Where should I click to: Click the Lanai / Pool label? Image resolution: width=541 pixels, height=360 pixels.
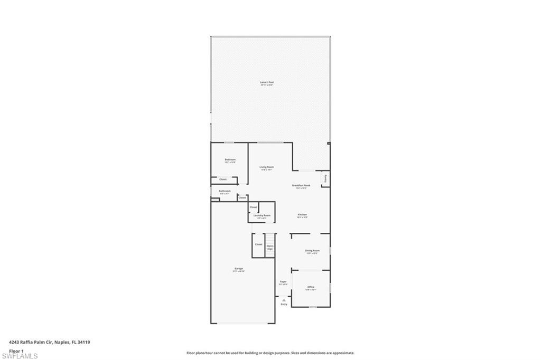tap(267, 82)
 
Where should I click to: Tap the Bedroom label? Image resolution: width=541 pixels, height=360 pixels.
tap(230, 159)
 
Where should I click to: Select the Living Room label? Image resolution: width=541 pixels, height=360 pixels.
tap(267, 167)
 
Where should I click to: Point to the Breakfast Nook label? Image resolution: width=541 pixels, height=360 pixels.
tap(301, 185)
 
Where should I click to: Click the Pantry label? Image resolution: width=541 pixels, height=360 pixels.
tap(325, 178)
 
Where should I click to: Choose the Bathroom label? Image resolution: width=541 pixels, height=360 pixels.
tap(225, 191)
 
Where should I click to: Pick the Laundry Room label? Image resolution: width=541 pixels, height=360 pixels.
tap(262, 215)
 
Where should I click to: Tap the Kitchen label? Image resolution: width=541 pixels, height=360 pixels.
tap(302, 214)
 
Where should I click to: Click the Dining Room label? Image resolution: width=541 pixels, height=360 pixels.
tap(312, 250)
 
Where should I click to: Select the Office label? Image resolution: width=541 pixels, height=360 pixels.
tap(311, 287)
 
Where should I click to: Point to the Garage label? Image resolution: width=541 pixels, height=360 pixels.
tap(239, 269)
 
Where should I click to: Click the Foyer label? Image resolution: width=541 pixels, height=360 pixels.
tap(283, 282)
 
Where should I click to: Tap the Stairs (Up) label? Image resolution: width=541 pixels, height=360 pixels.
tap(269, 247)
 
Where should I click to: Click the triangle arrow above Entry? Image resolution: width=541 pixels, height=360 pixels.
tap(284, 300)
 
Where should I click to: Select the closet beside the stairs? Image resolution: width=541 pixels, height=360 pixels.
tap(258, 244)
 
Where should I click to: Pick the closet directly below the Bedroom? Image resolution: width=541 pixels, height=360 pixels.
tap(223, 180)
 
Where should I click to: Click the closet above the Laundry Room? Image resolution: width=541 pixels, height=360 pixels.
tap(253, 207)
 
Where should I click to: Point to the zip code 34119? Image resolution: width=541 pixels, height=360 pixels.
tap(83, 342)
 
